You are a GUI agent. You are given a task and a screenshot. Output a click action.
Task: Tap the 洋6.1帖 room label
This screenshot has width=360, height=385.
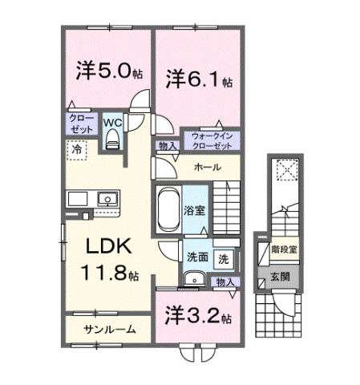199,79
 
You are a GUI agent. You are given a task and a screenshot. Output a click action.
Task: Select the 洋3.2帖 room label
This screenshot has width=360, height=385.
199,316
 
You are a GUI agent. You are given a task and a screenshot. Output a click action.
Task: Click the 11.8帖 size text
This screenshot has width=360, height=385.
109,274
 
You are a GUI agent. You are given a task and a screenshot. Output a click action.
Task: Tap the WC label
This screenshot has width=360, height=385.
112,124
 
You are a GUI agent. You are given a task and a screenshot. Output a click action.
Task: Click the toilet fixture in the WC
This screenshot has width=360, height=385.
112,140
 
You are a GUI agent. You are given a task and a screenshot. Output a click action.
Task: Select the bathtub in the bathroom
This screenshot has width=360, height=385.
168,211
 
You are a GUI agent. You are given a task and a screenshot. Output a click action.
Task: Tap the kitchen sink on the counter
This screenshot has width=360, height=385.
105,198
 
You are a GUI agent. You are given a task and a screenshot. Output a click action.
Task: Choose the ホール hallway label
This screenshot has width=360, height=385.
208,167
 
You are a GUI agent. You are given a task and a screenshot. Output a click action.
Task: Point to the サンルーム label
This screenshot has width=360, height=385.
108,330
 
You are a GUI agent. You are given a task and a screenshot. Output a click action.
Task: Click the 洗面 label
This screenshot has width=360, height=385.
198,259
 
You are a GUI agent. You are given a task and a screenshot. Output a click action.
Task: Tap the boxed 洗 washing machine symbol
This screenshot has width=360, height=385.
224,259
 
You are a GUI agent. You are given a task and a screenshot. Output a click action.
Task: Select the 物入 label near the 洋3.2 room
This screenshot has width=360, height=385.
225,282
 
